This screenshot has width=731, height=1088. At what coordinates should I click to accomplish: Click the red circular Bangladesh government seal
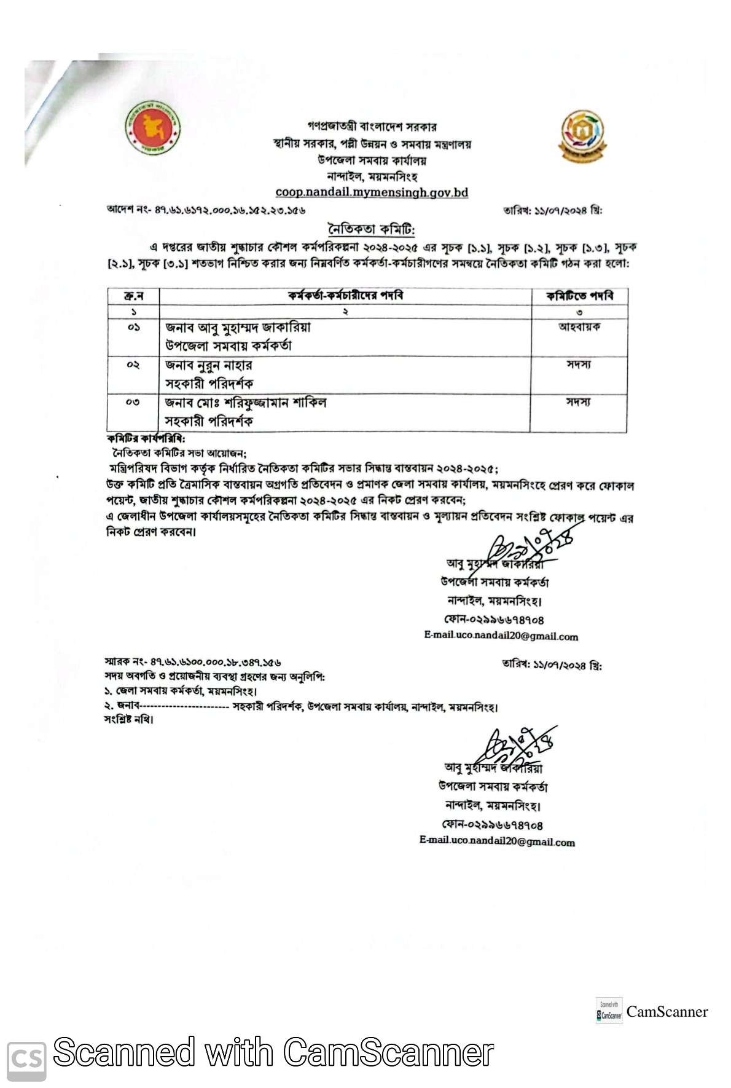(x=152, y=128)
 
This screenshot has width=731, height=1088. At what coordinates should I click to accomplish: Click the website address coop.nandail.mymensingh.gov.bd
(x=372, y=192)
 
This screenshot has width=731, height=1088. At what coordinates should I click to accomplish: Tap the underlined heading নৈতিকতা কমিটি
(x=372, y=229)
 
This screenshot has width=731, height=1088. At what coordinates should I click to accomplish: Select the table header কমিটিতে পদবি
(x=579, y=296)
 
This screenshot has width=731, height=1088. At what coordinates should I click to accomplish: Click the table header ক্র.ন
(x=133, y=296)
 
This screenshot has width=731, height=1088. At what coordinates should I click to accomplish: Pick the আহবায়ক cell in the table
(x=579, y=327)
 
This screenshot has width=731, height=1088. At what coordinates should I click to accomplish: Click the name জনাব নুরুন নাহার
(x=209, y=365)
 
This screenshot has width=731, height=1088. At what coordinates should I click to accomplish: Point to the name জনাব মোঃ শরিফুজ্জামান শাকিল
(x=246, y=403)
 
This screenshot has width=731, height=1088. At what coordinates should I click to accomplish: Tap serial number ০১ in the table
(x=133, y=328)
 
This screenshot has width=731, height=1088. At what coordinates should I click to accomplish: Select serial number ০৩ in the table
(x=133, y=403)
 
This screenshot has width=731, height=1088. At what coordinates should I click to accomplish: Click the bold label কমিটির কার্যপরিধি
(x=146, y=439)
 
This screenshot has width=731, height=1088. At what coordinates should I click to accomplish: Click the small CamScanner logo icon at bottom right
(x=609, y=1011)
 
